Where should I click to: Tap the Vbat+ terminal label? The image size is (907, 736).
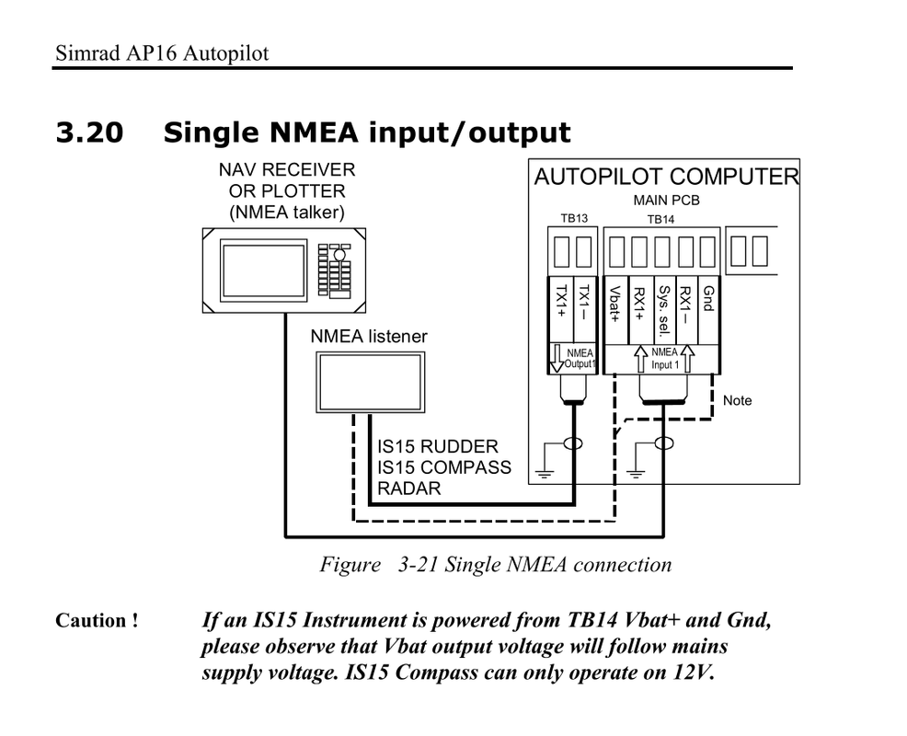(614, 305)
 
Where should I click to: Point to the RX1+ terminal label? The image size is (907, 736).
(637, 305)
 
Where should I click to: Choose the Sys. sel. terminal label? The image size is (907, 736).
(662, 311)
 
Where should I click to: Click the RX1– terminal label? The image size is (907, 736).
(685, 303)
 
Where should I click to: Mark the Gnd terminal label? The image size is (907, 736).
(708, 298)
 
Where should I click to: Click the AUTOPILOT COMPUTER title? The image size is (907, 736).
(666, 177)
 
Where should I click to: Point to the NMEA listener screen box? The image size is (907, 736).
(367, 381)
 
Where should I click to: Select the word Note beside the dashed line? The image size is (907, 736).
(737, 400)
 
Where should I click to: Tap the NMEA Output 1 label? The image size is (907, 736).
(579, 359)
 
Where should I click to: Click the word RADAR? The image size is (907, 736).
(408, 489)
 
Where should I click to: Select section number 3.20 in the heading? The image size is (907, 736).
(89, 133)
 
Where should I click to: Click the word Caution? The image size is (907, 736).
(97, 621)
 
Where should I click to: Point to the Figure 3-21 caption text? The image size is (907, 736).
(495, 564)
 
